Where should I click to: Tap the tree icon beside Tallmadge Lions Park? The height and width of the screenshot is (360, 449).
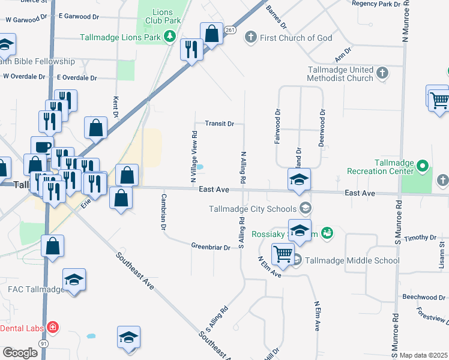[170, 37]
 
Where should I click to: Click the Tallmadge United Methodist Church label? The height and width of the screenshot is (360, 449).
[340, 74]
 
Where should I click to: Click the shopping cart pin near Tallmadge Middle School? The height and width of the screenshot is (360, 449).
[283, 253]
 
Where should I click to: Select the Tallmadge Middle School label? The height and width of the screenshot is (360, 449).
[352, 260]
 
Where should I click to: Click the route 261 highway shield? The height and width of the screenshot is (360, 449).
[230, 30]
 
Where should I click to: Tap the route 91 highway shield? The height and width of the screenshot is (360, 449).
[43, 343]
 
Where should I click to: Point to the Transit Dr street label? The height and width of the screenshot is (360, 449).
[219, 124]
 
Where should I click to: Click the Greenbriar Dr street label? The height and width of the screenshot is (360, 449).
[211, 247]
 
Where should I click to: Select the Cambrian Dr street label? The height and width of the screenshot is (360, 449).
[163, 212]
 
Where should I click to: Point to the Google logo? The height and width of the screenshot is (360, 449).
[20, 353]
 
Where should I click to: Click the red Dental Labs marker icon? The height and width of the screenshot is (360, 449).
[53, 328]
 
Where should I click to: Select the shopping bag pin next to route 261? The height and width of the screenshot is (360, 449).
[211, 34]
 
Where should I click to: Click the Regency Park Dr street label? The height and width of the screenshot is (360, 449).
[376, 4]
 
